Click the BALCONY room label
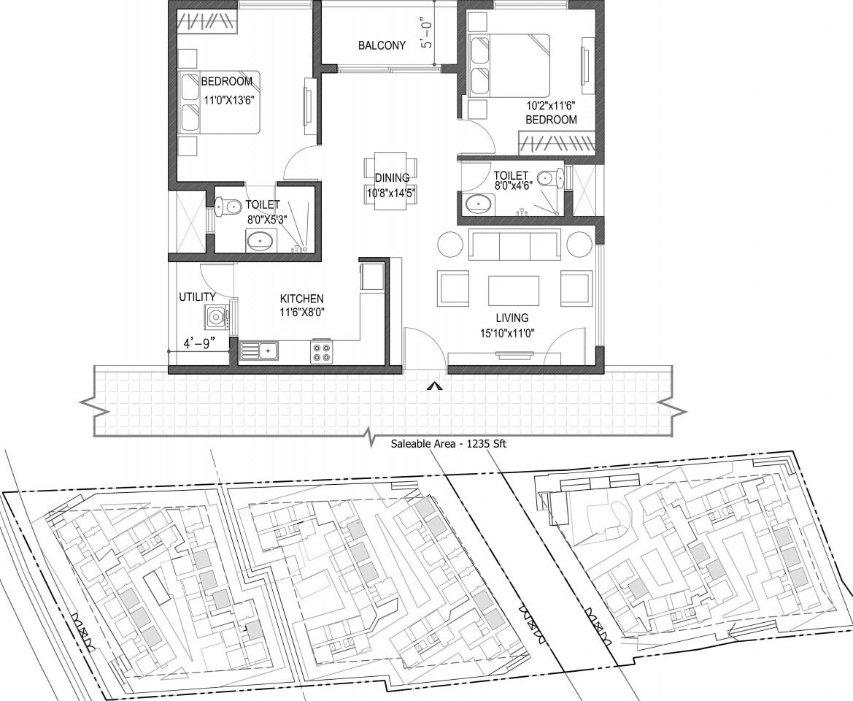(382, 46)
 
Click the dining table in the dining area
(390, 180)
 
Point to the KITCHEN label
(302, 299)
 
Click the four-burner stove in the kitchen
(322, 351)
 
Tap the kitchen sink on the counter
(259, 350)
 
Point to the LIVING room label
(512, 318)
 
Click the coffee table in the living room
(514, 291)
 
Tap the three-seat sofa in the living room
(514, 245)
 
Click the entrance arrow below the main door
(433, 386)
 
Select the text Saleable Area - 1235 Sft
(449, 444)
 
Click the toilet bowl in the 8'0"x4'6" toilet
(550, 178)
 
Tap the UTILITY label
(198, 297)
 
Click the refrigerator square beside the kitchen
(371, 277)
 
